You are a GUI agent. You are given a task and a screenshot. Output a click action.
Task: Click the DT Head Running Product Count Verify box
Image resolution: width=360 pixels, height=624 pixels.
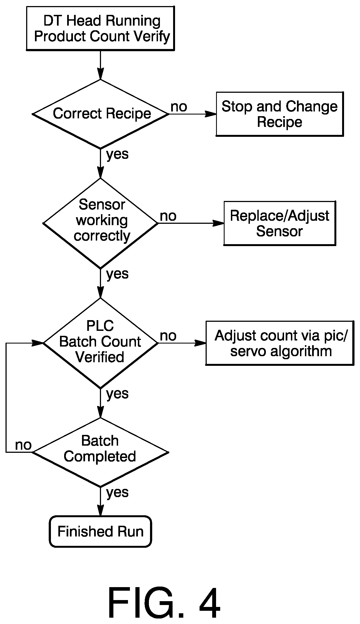(100, 28)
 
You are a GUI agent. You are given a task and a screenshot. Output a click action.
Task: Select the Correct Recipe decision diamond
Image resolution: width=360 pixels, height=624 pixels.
(100, 114)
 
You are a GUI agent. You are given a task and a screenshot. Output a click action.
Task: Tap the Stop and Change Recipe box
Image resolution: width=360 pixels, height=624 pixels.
(280, 114)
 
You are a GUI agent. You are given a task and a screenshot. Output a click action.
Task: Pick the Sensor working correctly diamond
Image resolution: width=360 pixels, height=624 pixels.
(100, 223)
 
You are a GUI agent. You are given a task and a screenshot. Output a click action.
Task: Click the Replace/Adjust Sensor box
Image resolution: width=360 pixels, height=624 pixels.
(280, 223)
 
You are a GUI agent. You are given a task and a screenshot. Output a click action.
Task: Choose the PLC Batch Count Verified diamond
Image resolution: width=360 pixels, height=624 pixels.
(100, 343)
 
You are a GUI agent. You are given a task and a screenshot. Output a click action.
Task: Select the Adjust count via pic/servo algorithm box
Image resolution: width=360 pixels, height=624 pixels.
(280, 343)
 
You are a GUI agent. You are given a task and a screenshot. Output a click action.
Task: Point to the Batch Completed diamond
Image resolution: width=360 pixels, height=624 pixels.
(100, 452)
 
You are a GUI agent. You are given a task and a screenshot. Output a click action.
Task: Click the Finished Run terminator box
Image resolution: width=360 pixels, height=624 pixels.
(100, 531)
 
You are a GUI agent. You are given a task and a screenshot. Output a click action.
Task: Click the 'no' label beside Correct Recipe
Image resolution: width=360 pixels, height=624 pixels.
(179, 107)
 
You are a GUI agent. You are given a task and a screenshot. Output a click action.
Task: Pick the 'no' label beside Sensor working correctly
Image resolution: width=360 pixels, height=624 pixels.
(168, 216)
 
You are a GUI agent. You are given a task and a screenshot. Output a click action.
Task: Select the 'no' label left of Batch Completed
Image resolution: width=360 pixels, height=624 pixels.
(23, 445)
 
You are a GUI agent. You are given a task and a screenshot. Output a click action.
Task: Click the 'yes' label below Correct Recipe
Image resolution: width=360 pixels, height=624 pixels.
(118, 154)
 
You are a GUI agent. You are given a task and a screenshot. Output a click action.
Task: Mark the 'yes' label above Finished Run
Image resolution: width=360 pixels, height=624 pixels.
(118, 492)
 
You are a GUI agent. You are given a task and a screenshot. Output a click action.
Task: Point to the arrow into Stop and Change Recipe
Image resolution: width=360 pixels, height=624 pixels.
(192, 114)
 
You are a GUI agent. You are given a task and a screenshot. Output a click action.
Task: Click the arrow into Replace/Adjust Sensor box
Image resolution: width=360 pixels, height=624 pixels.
(191, 223)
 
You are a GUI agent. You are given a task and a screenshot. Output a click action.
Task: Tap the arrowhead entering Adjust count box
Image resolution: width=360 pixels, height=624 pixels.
(201, 343)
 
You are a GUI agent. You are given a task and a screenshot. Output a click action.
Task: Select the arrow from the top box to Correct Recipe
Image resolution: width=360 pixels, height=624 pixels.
(100, 65)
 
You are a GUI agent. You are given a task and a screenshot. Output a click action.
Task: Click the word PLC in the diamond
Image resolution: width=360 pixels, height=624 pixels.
(100, 326)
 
